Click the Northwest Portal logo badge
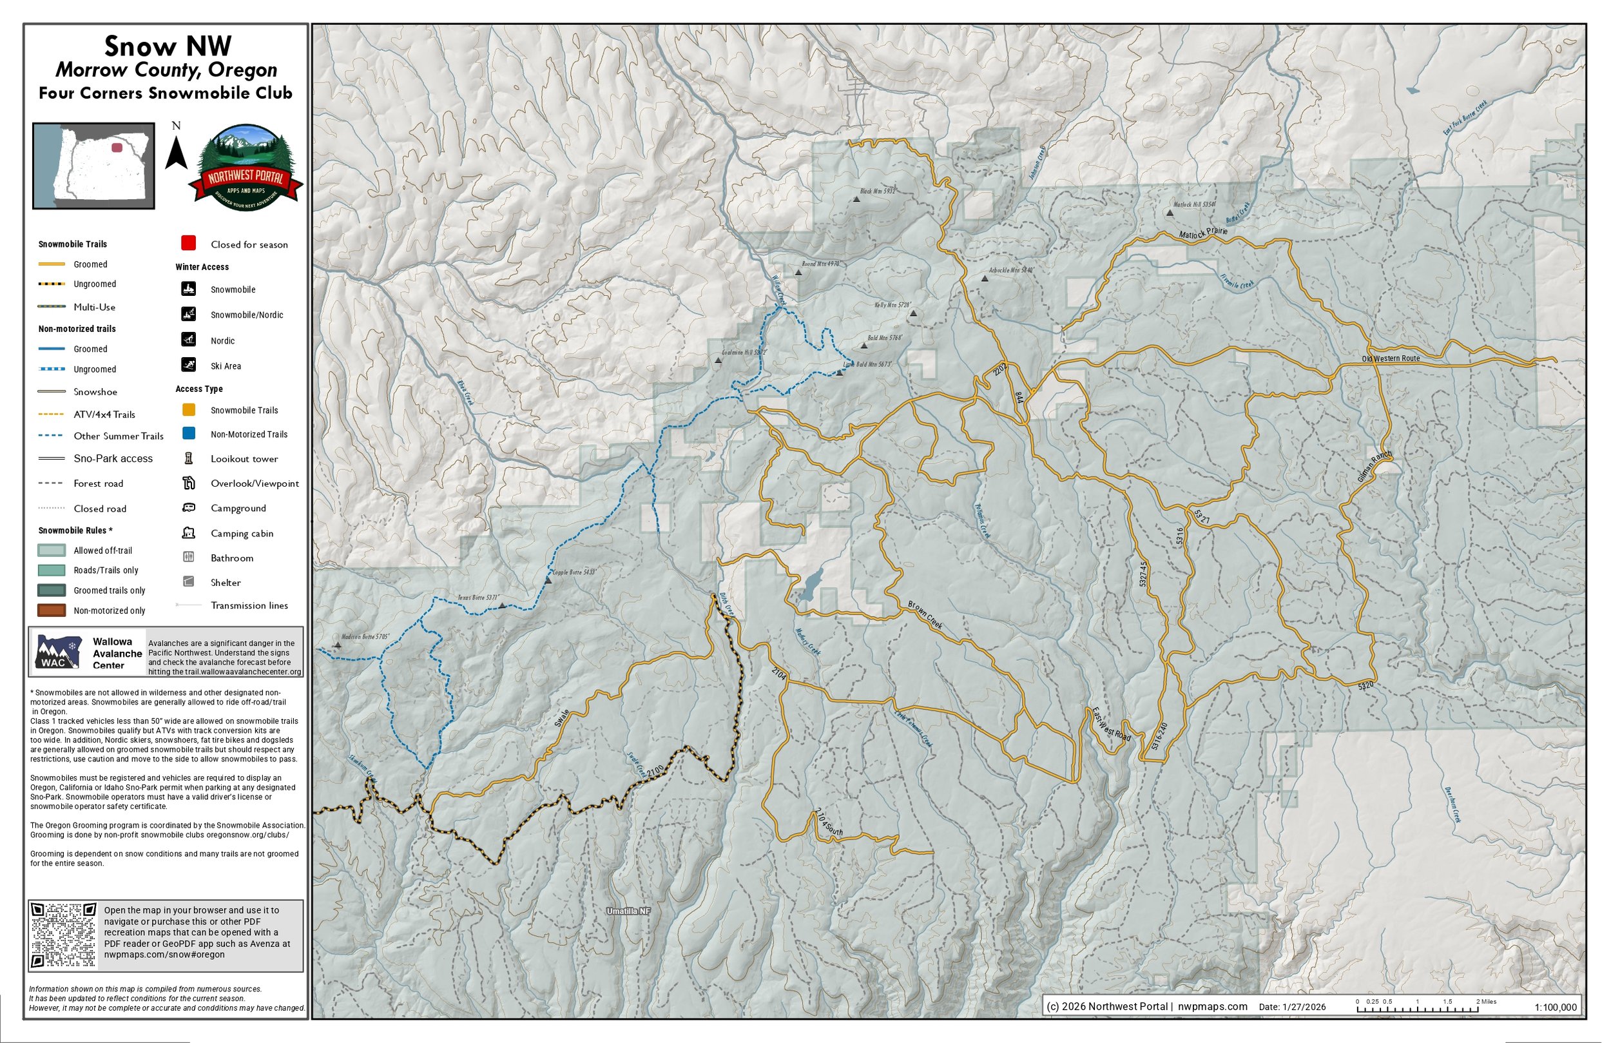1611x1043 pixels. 246,168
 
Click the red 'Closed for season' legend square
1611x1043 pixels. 189,243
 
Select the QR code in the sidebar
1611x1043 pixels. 64,935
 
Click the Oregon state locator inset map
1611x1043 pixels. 94,166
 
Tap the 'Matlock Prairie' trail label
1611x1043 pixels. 1203,233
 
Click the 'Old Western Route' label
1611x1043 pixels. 1391,359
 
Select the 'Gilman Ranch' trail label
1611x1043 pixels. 1374,467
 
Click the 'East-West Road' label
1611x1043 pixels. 1111,724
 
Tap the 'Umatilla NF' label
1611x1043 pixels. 628,911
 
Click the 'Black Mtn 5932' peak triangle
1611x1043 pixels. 856,199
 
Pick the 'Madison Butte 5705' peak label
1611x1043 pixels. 365,638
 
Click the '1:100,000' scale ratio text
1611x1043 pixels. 1555,1007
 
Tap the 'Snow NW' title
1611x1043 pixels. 168,46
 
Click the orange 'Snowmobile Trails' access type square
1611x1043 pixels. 189,410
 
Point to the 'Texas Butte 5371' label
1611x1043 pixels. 478,598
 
